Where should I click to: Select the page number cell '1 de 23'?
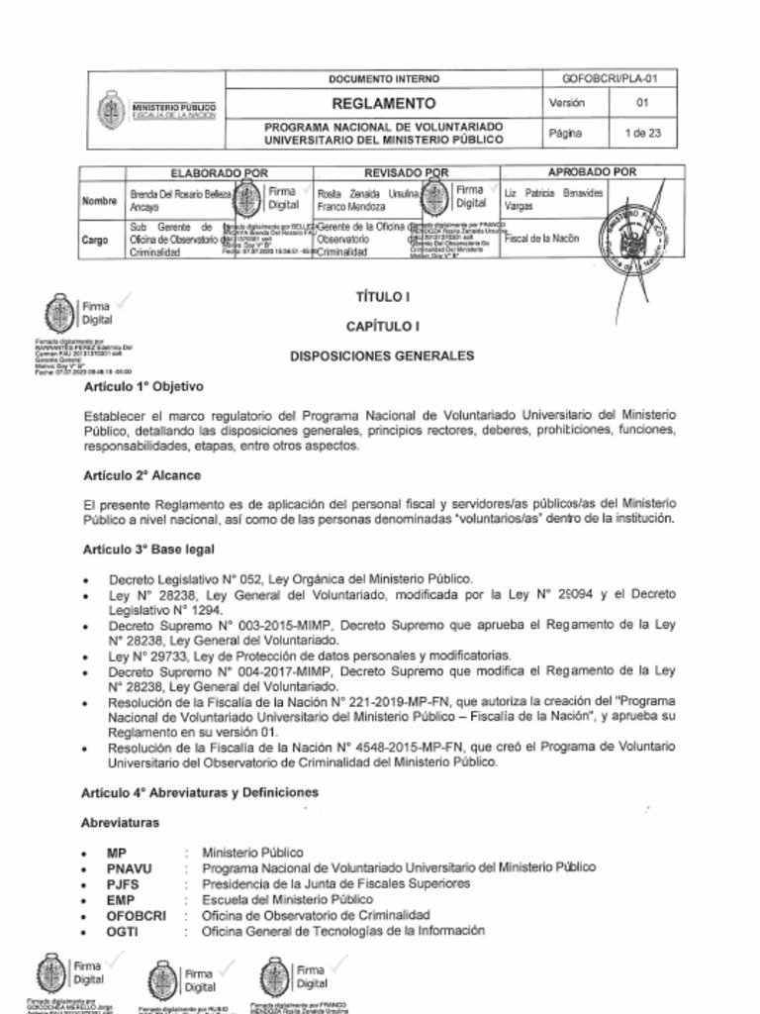coord(642,134)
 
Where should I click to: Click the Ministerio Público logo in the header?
coord(109,109)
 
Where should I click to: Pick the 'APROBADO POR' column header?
coord(592,172)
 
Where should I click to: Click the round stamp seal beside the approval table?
coord(629,239)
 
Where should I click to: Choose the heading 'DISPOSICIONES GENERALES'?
coord(381,355)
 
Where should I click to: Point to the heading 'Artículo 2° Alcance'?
coord(142,475)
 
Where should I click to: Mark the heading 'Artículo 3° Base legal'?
coord(148,549)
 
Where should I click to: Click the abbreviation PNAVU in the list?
coord(130,867)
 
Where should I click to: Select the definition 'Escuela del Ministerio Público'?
coord(287,900)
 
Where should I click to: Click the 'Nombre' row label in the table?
coord(99,201)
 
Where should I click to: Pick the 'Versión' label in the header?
coord(565,104)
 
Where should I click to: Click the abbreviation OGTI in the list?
coord(123,932)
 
